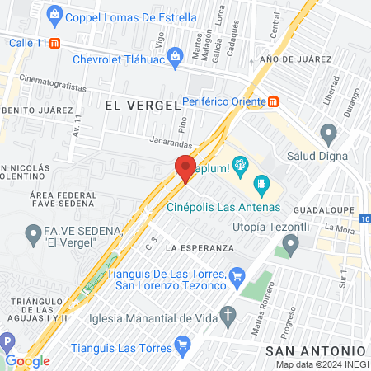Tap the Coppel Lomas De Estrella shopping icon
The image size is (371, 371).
pos(54,14)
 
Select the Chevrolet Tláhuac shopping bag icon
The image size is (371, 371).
pos(175,56)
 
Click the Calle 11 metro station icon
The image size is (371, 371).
pos(54,43)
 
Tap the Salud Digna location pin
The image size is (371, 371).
pos(329,134)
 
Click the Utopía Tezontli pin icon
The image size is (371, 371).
pos(289,243)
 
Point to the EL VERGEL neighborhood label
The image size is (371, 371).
pos(143,105)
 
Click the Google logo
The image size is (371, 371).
pos(27,361)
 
